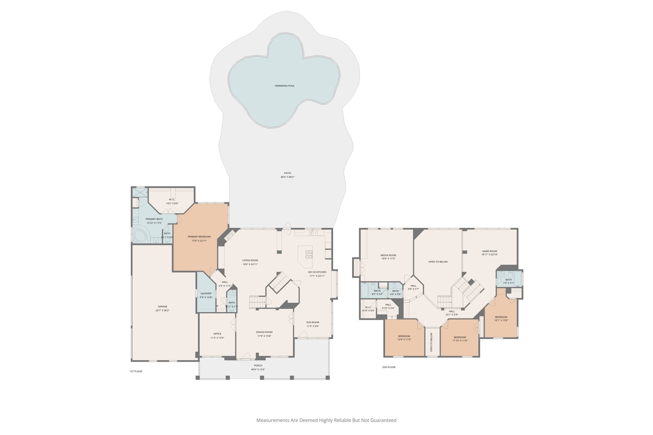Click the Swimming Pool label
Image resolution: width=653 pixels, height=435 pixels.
(x=284, y=86)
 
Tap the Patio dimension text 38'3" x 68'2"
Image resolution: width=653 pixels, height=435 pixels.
(x=287, y=177)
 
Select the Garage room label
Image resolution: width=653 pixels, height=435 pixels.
(x=162, y=307)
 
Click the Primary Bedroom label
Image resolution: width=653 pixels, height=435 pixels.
(x=199, y=237)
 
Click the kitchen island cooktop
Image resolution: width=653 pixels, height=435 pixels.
(x=309, y=254)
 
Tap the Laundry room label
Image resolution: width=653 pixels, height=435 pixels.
(x=206, y=294)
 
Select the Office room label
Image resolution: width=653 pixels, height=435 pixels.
(x=217, y=334)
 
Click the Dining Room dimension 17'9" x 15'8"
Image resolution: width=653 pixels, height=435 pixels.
(x=264, y=336)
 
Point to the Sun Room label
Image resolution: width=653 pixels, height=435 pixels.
(x=312, y=322)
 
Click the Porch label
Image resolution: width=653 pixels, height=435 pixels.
(x=258, y=366)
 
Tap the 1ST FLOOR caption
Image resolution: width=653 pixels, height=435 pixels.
(x=136, y=371)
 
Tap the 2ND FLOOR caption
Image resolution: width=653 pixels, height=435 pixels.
(x=389, y=367)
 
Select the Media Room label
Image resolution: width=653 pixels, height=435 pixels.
(x=388, y=255)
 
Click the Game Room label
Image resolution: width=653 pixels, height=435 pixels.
(x=489, y=251)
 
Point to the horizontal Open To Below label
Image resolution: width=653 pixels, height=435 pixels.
(x=438, y=262)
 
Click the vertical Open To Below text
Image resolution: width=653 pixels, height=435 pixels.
(x=431, y=342)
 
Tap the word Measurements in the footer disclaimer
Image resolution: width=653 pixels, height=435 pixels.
(x=273, y=420)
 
